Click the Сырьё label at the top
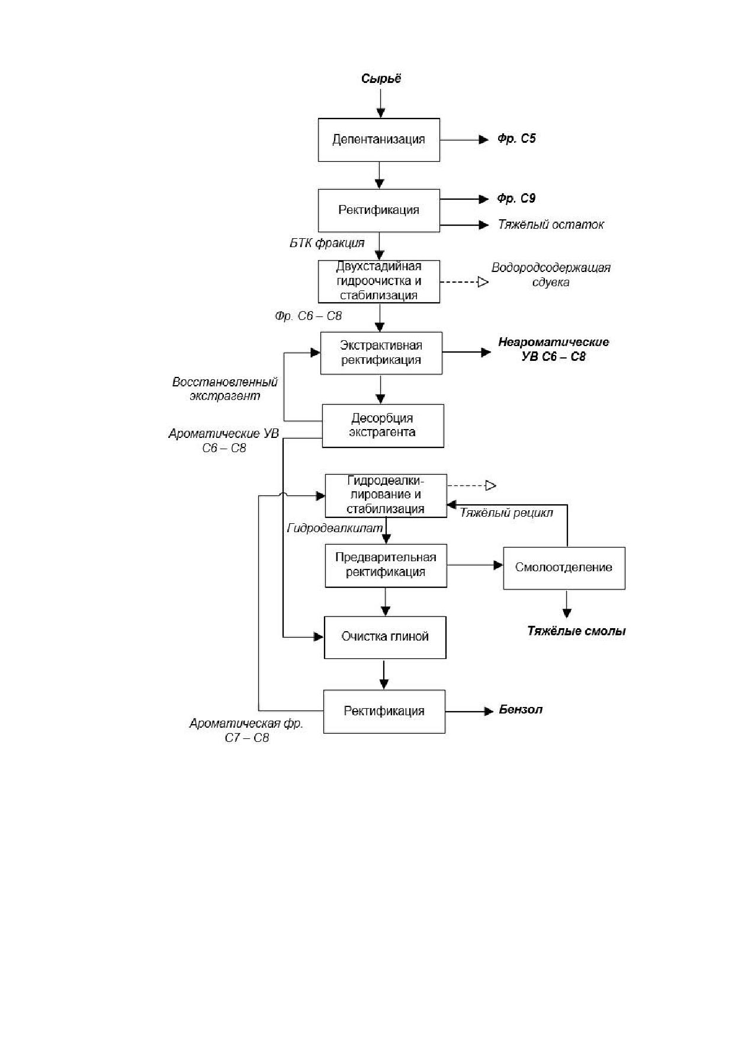click(381, 79)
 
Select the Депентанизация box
click(379, 140)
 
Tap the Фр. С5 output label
click(516, 139)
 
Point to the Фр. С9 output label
click(516, 199)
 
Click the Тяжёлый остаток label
click(551, 225)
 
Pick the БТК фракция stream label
click(327, 243)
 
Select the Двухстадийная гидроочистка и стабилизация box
click(379, 281)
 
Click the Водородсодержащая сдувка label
click(551, 274)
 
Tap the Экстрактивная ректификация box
click(381, 353)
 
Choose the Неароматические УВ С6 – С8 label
click(554, 350)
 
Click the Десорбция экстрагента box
click(383, 425)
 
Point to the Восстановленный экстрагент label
click(225, 389)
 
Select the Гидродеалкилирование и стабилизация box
click(386, 495)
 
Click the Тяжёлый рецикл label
click(506, 513)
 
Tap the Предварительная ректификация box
click(386, 565)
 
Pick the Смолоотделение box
click(564, 568)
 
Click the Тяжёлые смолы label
click(577, 631)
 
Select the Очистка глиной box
click(385, 637)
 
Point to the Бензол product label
click(521, 710)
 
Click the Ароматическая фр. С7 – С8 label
click(246, 731)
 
